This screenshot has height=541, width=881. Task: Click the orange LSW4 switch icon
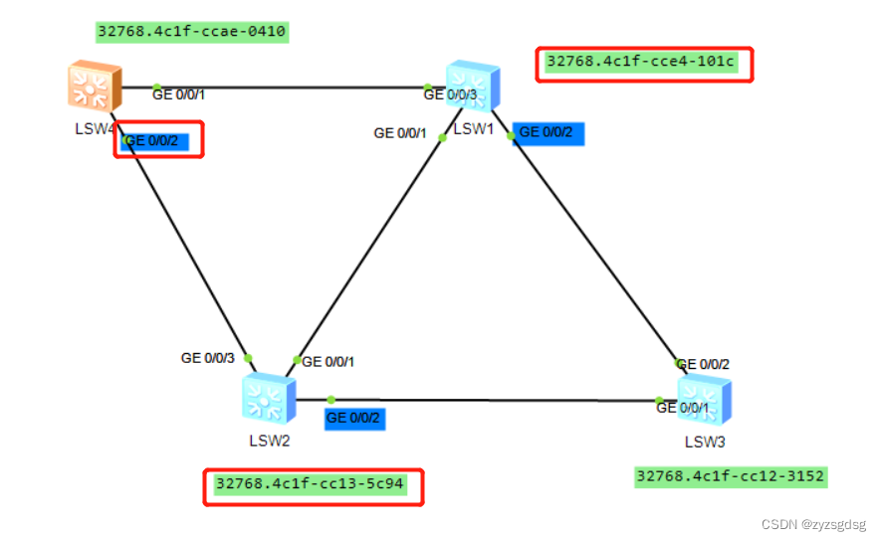point(95,87)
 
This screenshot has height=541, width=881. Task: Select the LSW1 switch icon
point(473,87)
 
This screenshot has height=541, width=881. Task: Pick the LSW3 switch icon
point(704,401)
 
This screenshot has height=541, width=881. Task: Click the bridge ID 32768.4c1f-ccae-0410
point(192,32)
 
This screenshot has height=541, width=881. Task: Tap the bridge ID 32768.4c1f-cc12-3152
point(731,476)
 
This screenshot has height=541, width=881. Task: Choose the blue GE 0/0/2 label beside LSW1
point(547,133)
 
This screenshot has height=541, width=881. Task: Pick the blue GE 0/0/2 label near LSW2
point(353,418)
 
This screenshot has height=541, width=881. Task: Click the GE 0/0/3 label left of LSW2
point(207,358)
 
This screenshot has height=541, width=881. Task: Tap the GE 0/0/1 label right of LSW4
point(178,94)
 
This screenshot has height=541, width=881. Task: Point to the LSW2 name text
point(269,440)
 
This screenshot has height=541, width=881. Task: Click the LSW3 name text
point(704,442)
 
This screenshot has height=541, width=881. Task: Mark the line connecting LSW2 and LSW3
point(498,401)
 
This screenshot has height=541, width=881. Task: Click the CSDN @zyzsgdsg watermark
point(813,524)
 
